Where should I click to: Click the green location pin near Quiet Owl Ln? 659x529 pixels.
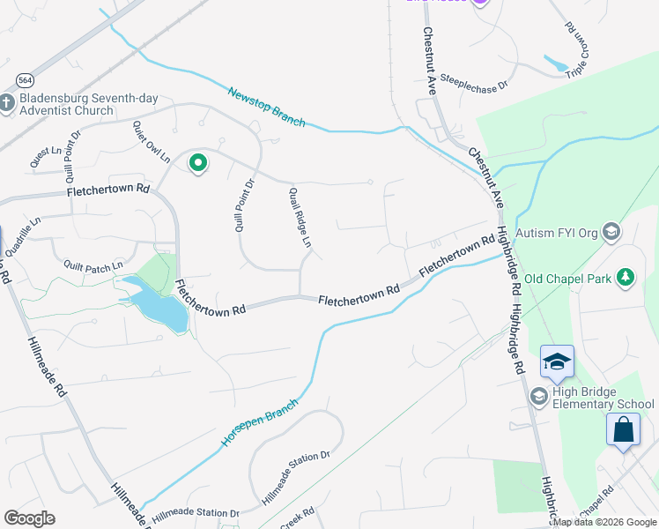pyautogui.click(x=198, y=163)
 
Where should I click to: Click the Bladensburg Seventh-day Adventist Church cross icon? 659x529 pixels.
pyautogui.click(x=6, y=104)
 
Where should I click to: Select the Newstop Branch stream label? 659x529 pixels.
pyautogui.click(x=266, y=107)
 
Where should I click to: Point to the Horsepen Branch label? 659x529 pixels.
pyautogui.click(x=260, y=421)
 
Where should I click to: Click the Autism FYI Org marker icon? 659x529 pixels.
pyautogui.click(x=612, y=234)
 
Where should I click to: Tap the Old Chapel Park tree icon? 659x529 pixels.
pyautogui.click(x=626, y=279)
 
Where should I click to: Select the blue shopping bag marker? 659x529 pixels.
pyautogui.click(x=623, y=430)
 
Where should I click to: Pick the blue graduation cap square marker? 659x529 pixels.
pyautogui.click(x=557, y=361)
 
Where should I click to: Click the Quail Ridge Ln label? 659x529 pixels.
pyautogui.click(x=301, y=217)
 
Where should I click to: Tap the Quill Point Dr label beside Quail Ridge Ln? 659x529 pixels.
pyautogui.click(x=244, y=205)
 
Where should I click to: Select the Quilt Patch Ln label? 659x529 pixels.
pyautogui.click(x=93, y=264)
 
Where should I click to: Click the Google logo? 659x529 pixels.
pyautogui.click(x=29, y=518)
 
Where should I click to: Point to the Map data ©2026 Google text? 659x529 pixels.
pyautogui.click(x=605, y=522)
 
